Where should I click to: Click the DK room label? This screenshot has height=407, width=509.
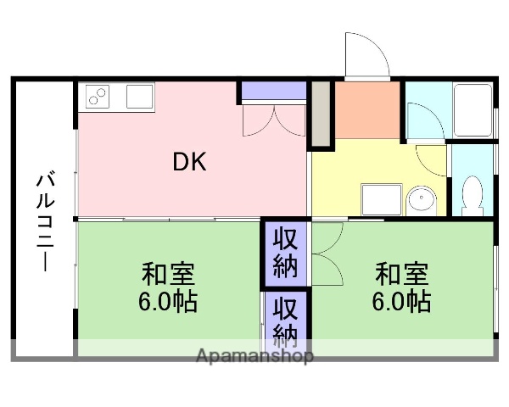pyautogui.click(x=190, y=162)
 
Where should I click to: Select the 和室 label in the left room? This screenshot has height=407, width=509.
pyautogui.click(x=168, y=275)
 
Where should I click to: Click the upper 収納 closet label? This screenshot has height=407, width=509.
pyautogui.click(x=285, y=253)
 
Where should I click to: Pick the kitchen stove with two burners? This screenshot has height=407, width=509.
pyautogui.click(x=97, y=98)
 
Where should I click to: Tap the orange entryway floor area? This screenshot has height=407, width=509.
pyautogui.click(x=367, y=110)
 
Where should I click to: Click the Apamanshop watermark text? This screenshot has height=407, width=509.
pyautogui.click(x=255, y=356)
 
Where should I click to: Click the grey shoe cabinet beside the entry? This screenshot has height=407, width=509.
pyautogui.click(x=321, y=114)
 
